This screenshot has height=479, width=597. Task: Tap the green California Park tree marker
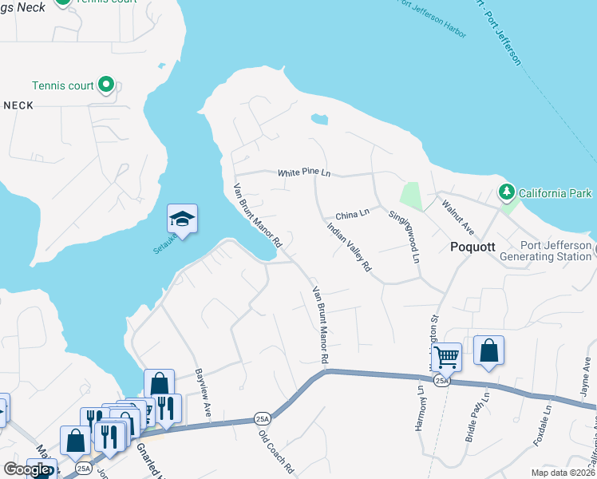[x=506, y=192]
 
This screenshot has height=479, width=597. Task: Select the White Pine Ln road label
[x=303, y=172]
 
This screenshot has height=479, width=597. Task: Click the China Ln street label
[x=352, y=214]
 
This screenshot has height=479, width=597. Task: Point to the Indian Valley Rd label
[x=350, y=247]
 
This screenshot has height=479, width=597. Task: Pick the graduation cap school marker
[x=182, y=220]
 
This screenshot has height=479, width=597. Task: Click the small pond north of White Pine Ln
[x=319, y=120]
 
